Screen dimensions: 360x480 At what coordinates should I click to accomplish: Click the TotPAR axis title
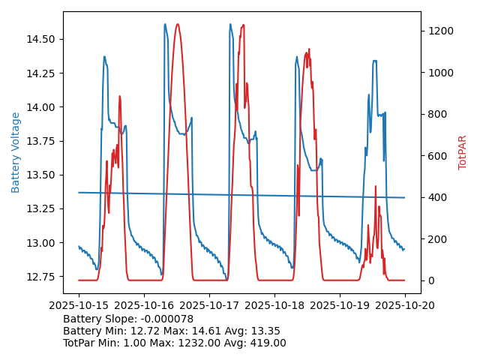click(x=463, y=152)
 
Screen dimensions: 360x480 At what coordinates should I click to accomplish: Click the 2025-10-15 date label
click(x=79, y=305)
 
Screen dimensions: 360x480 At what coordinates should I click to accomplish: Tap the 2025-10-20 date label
click(x=405, y=305)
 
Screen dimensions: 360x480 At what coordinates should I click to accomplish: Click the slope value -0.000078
click(x=165, y=319)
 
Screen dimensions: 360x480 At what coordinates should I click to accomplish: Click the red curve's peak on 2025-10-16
click(x=178, y=24)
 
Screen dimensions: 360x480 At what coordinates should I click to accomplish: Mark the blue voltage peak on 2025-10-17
click(x=230, y=24)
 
